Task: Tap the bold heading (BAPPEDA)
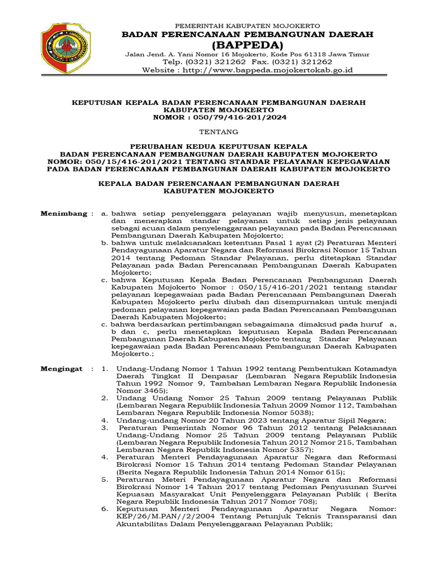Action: pos(248,45)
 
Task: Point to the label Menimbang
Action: pos(63,214)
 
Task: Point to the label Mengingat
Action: pos(62,368)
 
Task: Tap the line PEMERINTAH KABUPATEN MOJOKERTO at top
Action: pos(248,26)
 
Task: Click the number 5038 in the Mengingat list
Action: pos(296,412)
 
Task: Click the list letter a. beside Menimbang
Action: pos(104,214)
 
